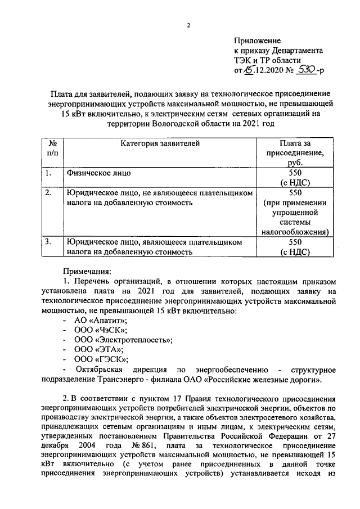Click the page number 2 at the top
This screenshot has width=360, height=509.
[x=188, y=26]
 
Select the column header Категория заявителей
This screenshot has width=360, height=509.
[x=160, y=144]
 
